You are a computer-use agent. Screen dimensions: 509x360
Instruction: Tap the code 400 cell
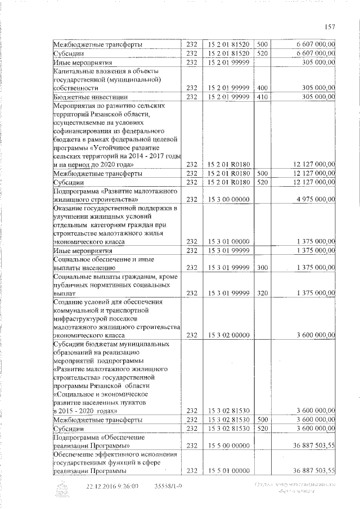262,88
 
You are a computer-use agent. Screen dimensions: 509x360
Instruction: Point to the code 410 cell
262,97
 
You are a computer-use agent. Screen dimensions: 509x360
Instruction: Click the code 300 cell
262,268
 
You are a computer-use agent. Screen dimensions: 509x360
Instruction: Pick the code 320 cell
262,293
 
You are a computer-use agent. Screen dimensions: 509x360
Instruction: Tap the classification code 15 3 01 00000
228,242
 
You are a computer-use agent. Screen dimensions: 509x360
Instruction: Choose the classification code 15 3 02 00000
228,335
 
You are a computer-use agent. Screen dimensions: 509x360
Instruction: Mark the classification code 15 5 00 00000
228,445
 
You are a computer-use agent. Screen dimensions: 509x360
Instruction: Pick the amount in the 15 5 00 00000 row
310,445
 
